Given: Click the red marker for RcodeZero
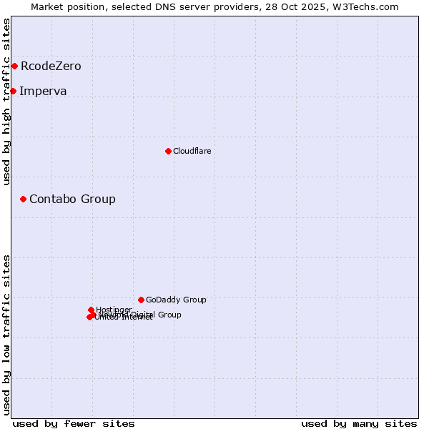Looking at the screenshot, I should (x=14, y=66).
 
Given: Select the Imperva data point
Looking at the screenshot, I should (x=13, y=91).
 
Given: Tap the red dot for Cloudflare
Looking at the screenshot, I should (x=168, y=151).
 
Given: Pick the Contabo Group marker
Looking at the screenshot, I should (x=23, y=199).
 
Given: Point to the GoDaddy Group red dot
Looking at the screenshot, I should (x=141, y=300).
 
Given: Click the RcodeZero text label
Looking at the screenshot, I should (x=51, y=66).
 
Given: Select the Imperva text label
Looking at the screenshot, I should (x=43, y=91).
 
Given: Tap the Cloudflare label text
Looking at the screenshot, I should (x=192, y=151).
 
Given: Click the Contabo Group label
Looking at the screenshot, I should (x=72, y=199).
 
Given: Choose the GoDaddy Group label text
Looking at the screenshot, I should (x=176, y=300).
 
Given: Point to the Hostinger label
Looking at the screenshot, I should (x=114, y=310).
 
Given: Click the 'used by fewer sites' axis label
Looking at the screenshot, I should (x=74, y=423).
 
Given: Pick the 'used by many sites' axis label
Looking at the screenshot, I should (x=359, y=423).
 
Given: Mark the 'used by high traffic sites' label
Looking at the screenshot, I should (x=7, y=102).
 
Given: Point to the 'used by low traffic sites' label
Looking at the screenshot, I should (x=7, y=334).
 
